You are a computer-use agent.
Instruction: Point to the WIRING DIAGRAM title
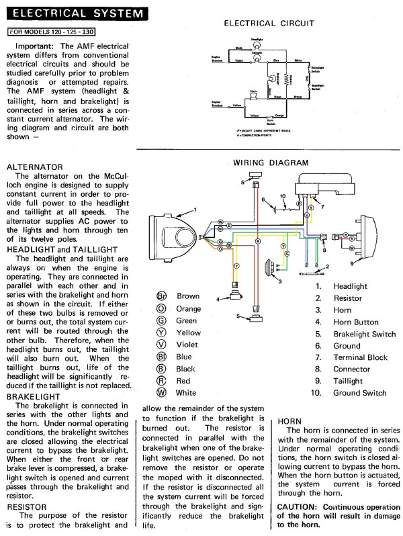(271, 163)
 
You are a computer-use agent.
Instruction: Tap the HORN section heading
(290, 420)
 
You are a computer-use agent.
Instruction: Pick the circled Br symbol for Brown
(161, 296)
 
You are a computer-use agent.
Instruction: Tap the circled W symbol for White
(161, 393)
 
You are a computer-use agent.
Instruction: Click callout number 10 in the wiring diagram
(283, 196)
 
